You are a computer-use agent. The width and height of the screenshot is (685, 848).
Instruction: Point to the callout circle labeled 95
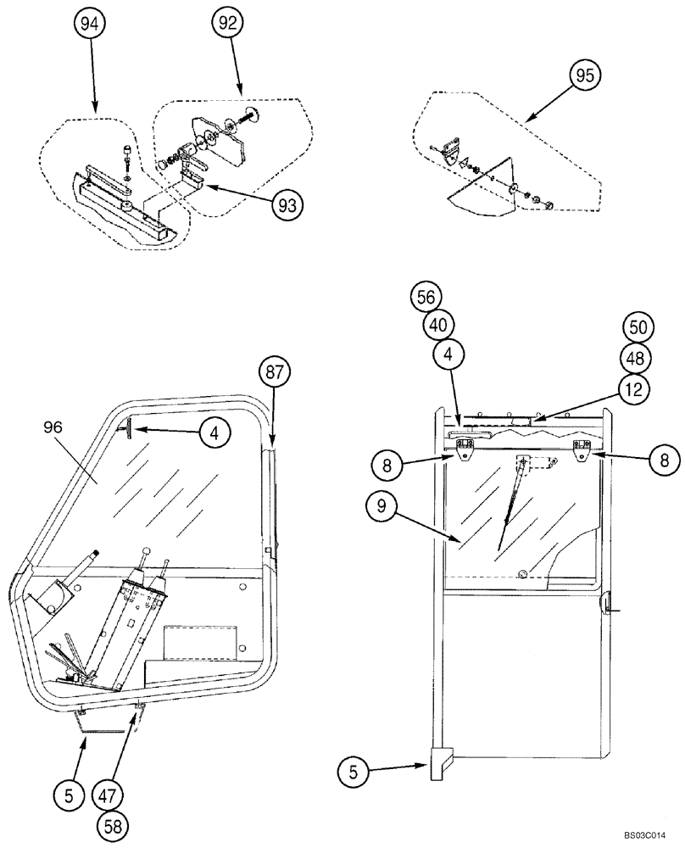coord(585,75)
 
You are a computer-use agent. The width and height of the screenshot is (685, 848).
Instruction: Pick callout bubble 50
coord(640,328)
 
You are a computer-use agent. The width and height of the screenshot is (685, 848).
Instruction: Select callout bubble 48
coord(640,358)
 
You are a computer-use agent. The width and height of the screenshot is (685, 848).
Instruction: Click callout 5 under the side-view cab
coord(69,795)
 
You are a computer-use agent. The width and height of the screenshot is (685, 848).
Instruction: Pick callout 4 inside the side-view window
coord(214,432)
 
